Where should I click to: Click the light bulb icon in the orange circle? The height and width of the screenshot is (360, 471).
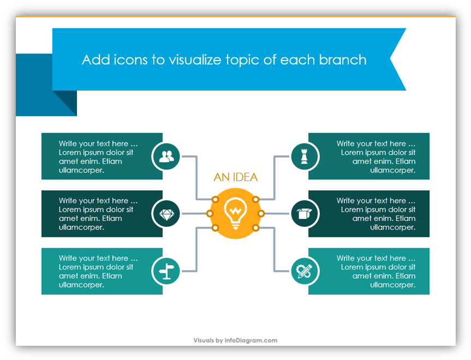coord(236,213)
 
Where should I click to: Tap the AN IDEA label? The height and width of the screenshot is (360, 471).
coord(236,177)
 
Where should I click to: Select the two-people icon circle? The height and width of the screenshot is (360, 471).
coord(166,156)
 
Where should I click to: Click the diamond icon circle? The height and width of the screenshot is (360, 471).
coord(166,214)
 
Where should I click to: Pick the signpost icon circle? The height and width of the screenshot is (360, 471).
coord(166,271)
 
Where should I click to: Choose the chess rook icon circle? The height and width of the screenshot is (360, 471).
coord(305,156)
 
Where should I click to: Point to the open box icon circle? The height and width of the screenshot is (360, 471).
coord(305,214)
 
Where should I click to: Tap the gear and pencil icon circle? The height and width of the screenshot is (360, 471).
coord(305,271)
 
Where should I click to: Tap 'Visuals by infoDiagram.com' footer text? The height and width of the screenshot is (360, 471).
coord(235,340)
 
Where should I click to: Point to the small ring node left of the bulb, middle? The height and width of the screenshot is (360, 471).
coord(210,213)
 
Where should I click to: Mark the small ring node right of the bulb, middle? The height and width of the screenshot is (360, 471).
coord(261,213)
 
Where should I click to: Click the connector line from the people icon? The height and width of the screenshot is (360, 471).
coord(197,178)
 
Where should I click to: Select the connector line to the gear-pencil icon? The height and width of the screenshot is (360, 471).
coord(274,250)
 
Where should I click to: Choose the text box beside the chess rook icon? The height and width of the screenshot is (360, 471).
coord(369,156)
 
